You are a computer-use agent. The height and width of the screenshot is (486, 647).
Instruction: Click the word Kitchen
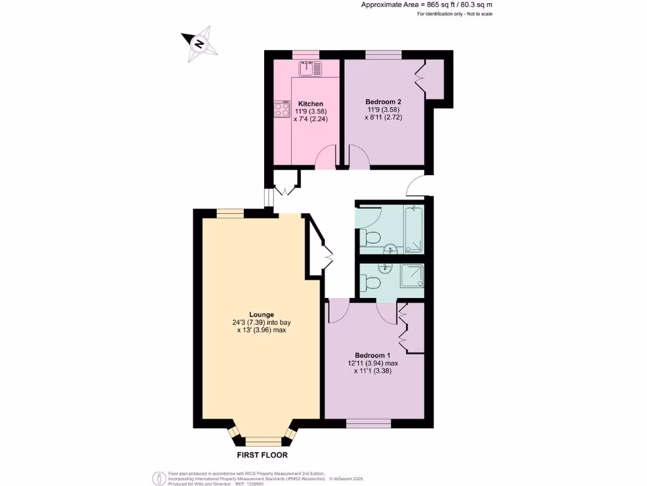pyautogui.click(x=311, y=104)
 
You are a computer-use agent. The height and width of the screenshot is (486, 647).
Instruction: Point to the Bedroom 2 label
pyautogui.click(x=383, y=101)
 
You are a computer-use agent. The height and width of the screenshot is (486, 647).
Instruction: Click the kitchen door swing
pyautogui.click(x=326, y=157)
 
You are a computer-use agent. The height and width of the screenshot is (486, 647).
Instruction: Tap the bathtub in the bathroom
pyautogui.click(x=414, y=230)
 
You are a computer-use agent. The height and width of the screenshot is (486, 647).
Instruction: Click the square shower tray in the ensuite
pyautogui.click(x=411, y=276)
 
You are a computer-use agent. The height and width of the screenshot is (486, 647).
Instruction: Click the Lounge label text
pyautogui.click(x=261, y=314)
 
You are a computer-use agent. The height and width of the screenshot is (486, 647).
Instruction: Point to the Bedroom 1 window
pyautogui.click(x=368, y=422)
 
